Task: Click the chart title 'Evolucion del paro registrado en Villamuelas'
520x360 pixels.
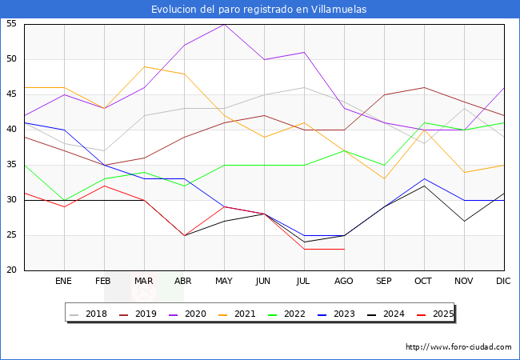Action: (260, 10)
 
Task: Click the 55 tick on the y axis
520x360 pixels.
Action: (12, 24)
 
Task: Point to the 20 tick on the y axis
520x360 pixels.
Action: (12, 270)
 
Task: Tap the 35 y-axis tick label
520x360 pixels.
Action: (12, 165)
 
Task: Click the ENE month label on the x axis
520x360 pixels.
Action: (64, 282)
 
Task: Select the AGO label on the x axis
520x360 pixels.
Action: (344, 282)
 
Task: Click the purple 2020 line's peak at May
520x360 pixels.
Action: (225, 24)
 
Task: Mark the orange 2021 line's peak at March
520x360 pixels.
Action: (145, 66)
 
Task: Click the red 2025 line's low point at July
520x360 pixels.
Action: (305, 249)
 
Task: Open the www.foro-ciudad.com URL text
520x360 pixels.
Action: (458, 347)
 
